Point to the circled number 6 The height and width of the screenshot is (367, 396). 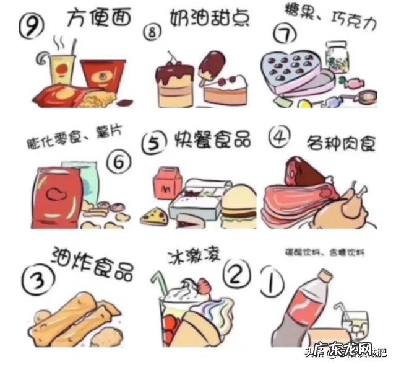coord(118,162)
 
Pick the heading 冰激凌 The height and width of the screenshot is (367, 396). coord(191,257)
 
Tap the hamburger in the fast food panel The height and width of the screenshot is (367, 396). coord(238,205)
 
